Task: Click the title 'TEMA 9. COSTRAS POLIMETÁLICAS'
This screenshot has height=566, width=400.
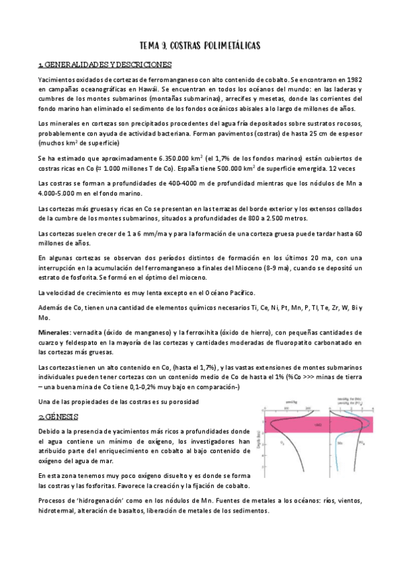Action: point(200,45)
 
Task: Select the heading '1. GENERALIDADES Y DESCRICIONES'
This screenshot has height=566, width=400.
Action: point(106,65)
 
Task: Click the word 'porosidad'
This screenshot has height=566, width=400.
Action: point(180,401)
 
